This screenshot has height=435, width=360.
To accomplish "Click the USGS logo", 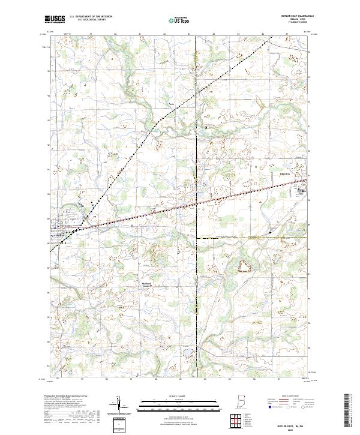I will coord(54,19).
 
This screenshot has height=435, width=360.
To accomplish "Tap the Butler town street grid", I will coord(61,227).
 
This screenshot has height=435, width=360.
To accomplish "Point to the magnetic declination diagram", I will coord(119,404).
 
